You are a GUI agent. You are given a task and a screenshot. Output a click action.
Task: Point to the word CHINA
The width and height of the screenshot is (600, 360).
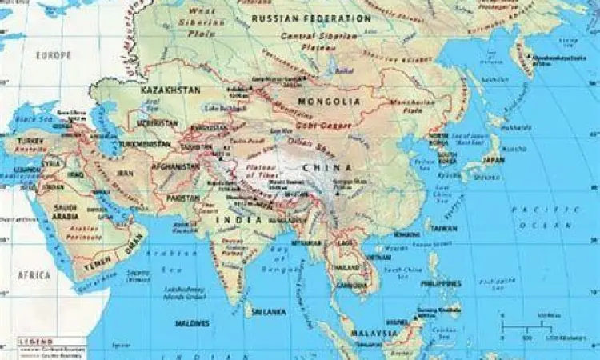(x=328, y=166)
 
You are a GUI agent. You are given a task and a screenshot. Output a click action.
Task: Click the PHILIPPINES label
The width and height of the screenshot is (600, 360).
(x=441, y=282)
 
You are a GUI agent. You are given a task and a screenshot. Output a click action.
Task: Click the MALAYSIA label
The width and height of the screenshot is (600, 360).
(x=376, y=331)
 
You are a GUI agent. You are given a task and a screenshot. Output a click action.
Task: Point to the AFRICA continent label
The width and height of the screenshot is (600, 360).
(x=34, y=274)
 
